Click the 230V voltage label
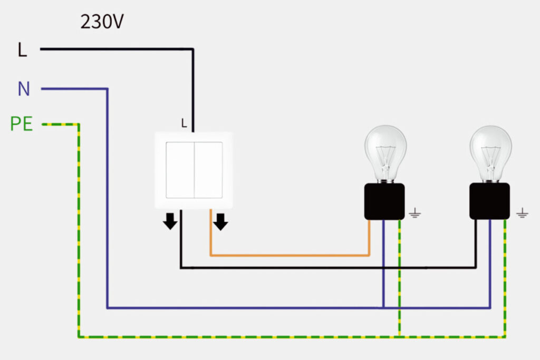click(x=102, y=22)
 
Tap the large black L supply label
click(x=22, y=50)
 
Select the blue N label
click(x=24, y=90)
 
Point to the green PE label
click(x=22, y=124)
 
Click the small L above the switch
click(x=184, y=124)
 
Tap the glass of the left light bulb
click(x=385, y=151)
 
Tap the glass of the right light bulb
click(x=490, y=151)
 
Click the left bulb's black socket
click(x=384, y=201)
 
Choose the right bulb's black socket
click(x=489, y=201)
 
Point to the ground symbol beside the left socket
click(x=415, y=213)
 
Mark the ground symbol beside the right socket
click(x=522, y=213)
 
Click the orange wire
click(x=290, y=256)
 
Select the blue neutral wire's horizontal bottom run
click(x=237, y=307)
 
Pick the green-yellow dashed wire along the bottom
click(x=237, y=336)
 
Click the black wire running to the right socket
click(x=327, y=268)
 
